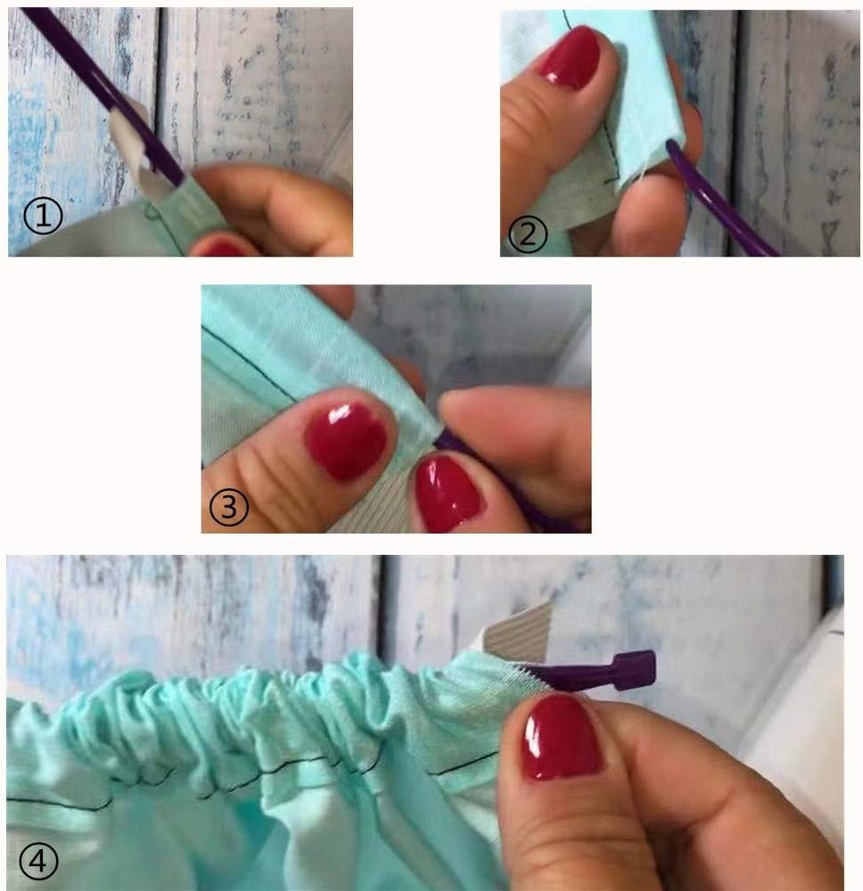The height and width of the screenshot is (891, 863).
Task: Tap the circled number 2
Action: tap(528, 234)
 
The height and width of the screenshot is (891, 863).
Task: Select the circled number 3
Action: tap(228, 507)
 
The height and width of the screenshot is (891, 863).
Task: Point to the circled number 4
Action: tap(38, 862)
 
